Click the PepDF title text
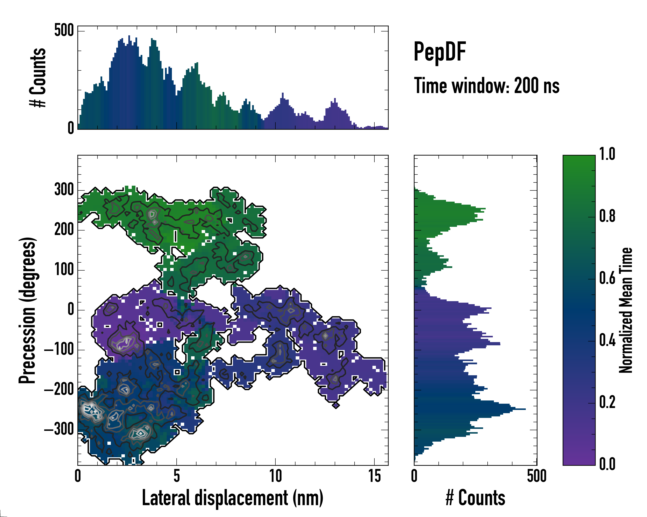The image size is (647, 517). [x=440, y=52]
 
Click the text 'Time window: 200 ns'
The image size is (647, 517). [x=487, y=86]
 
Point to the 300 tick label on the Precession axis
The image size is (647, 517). [x=64, y=190]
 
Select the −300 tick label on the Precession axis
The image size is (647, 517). [x=59, y=430]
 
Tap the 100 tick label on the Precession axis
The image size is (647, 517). [x=64, y=270]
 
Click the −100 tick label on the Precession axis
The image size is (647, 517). [x=59, y=350]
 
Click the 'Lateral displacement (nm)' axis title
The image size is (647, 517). [x=232, y=498]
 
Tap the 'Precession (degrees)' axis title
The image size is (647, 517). [x=28, y=310]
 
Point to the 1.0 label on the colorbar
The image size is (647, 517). [x=607, y=154]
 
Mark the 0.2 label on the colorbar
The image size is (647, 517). [x=607, y=403]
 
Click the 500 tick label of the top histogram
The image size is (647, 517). [x=64, y=30]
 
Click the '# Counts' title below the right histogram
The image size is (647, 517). [x=475, y=498]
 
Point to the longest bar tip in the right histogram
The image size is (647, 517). [x=525, y=409]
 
